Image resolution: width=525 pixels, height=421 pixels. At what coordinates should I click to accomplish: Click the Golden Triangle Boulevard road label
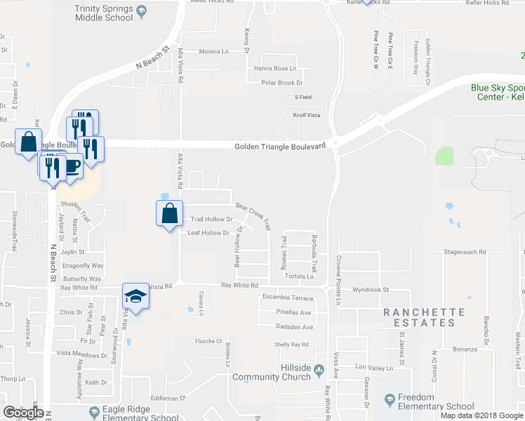(x=280, y=146)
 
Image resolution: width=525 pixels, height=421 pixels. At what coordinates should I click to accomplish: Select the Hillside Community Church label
(x=271, y=373)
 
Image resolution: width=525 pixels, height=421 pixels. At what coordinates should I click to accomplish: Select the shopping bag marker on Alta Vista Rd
(x=169, y=214)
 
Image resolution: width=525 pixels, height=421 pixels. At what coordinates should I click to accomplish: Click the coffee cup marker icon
(x=71, y=166)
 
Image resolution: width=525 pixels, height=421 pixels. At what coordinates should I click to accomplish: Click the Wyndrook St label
(x=371, y=289)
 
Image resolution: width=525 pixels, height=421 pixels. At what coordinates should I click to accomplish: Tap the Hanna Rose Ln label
(x=275, y=68)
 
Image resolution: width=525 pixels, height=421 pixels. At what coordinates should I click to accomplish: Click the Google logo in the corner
(x=23, y=413)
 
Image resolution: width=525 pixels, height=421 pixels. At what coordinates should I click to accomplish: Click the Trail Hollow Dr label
(x=211, y=219)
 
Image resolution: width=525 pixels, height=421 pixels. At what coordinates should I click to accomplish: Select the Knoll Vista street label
(x=307, y=114)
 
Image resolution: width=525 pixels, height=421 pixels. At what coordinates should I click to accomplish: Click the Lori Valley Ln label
(x=373, y=368)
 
